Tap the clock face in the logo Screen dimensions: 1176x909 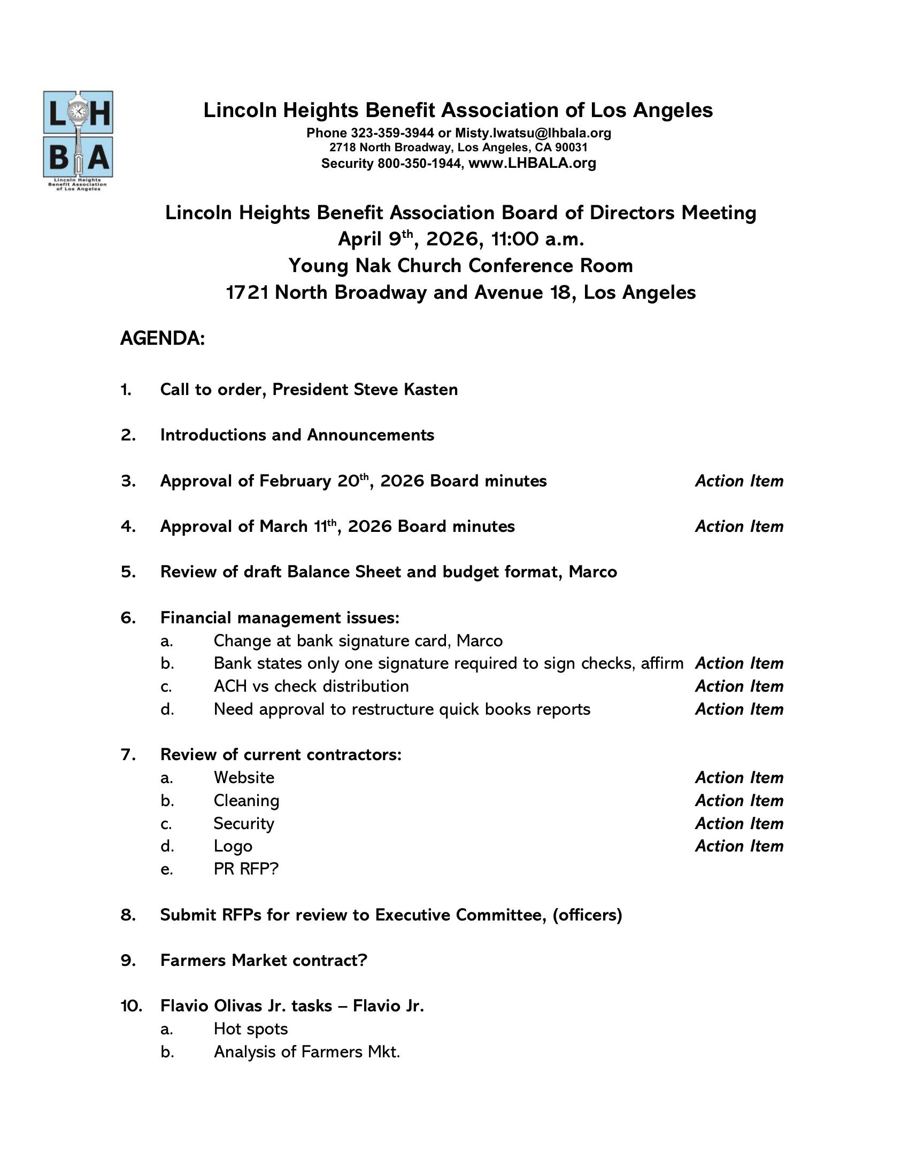(x=79, y=111)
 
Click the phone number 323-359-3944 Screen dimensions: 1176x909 (x=392, y=133)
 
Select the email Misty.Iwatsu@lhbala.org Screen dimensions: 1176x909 (x=533, y=133)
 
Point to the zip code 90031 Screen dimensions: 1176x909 (x=571, y=148)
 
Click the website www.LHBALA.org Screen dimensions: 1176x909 (x=532, y=163)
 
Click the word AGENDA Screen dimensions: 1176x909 (x=162, y=339)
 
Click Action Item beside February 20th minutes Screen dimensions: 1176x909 (x=739, y=481)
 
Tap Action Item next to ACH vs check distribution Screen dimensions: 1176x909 (x=739, y=686)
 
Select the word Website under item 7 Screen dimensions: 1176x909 (x=244, y=778)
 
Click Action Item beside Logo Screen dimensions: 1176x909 (x=739, y=846)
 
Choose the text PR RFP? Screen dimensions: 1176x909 (x=246, y=869)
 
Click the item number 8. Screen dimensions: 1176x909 (x=128, y=915)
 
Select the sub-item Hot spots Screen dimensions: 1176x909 (x=250, y=1029)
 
